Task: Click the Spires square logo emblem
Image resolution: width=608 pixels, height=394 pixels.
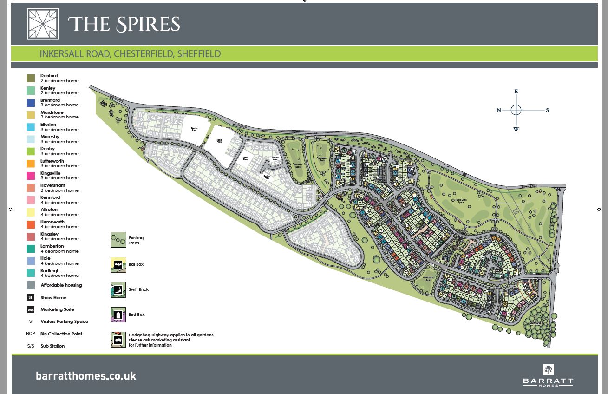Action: click(x=43, y=24)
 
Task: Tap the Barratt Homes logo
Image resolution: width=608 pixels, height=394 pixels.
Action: click(x=548, y=375)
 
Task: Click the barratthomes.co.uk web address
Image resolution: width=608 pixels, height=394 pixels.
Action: click(x=86, y=376)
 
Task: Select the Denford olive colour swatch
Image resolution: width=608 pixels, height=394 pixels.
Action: click(x=31, y=79)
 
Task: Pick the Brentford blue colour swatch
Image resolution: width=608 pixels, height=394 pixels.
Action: click(x=31, y=103)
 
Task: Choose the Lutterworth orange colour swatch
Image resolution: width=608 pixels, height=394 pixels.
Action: click(x=31, y=164)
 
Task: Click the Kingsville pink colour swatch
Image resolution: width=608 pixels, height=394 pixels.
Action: click(x=31, y=176)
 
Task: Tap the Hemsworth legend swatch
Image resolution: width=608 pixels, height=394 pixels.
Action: click(x=31, y=224)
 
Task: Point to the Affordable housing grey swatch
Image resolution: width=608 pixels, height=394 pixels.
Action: click(x=31, y=285)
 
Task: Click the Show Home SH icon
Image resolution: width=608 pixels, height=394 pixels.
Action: click(x=31, y=297)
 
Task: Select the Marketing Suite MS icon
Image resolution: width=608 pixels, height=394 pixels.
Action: click(x=31, y=309)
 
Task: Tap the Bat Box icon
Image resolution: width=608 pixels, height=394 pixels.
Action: click(x=118, y=265)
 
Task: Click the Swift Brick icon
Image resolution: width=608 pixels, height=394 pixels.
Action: click(x=118, y=290)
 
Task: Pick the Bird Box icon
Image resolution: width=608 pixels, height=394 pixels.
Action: click(x=118, y=315)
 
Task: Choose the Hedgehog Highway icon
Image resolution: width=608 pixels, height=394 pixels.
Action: click(x=118, y=340)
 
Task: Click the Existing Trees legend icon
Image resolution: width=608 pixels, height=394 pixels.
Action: click(x=118, y=240)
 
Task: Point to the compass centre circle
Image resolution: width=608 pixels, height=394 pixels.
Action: click(x=516, y=110)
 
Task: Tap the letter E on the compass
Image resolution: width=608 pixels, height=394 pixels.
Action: click(x=516, y=92)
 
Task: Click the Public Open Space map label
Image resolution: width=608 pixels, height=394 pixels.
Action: click(x=460, y=201)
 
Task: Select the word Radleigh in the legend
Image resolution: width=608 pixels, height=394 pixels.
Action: click(x=50, y=271)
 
